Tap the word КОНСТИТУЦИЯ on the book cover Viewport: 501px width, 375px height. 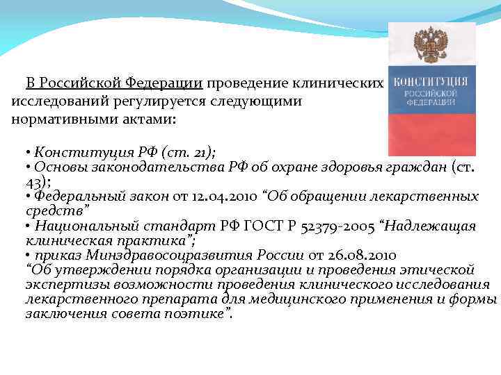pos(431,82)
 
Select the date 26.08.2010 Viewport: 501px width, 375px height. pos(365,255)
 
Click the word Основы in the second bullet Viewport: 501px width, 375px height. pos(56,167)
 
